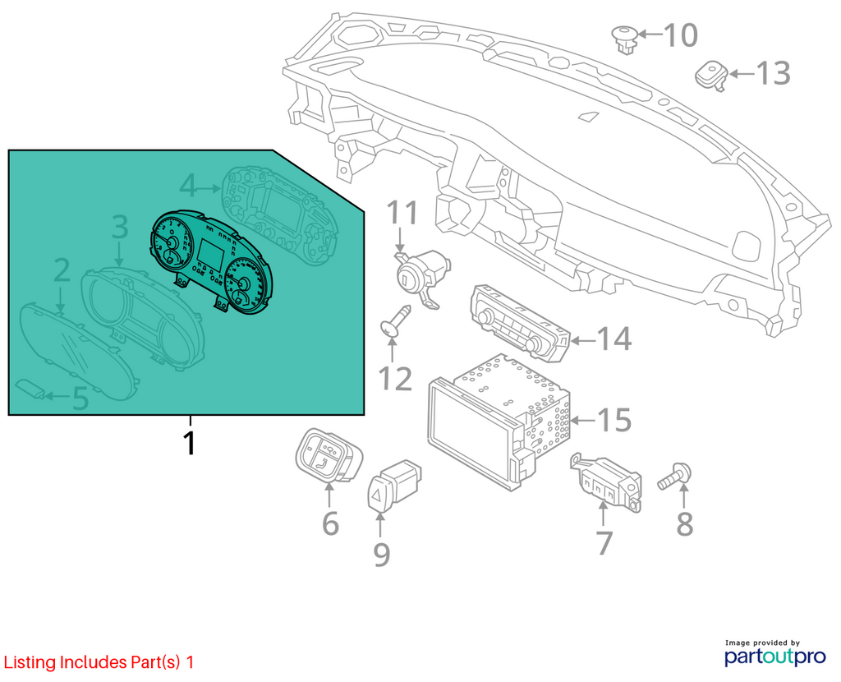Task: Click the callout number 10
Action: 681,35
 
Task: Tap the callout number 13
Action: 774,73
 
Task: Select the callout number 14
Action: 614,339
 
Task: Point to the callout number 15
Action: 614,420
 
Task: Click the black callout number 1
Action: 189,443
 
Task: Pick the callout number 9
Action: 381,555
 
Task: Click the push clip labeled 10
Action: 625,39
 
